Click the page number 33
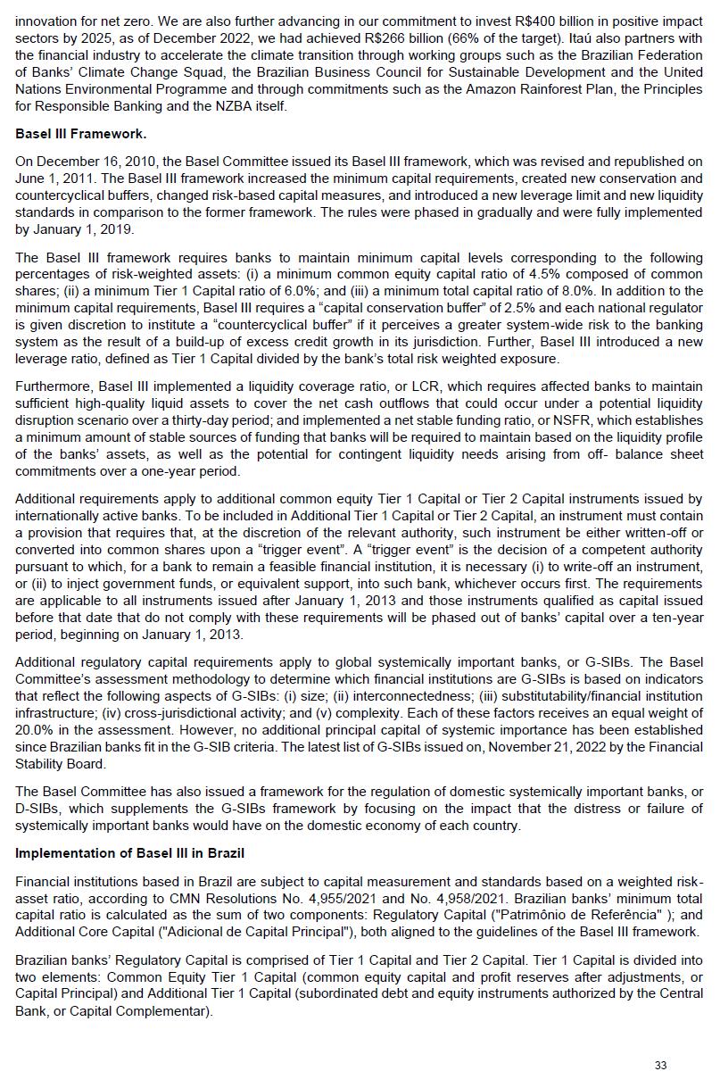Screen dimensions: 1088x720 (x=660, y=1065)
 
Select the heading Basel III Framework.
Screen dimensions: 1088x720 (x=81, y=134)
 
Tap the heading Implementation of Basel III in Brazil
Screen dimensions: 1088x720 (x=129, y=852)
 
